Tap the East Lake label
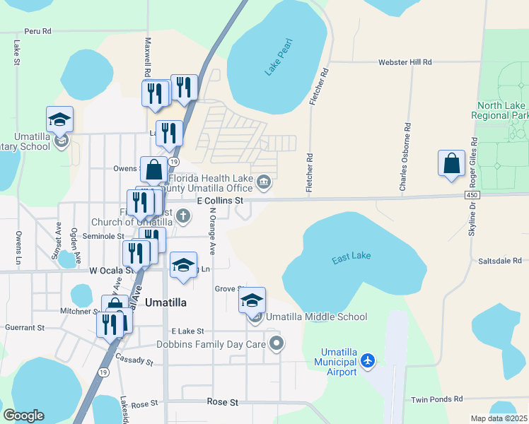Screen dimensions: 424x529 [351, 260]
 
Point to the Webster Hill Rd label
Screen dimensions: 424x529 [405, 62]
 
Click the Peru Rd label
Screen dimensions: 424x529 [38, 31]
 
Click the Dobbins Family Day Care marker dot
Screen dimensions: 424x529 [277, 344]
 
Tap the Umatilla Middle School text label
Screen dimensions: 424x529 [317, 317]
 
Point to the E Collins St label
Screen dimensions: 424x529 [219, 201]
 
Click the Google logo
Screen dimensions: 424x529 [23, 415]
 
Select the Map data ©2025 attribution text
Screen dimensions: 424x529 [499, 418]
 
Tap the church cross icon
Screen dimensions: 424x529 [183, 216]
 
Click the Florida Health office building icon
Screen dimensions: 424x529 [263, 183]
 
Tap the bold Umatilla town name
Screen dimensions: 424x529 [165, 302]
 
